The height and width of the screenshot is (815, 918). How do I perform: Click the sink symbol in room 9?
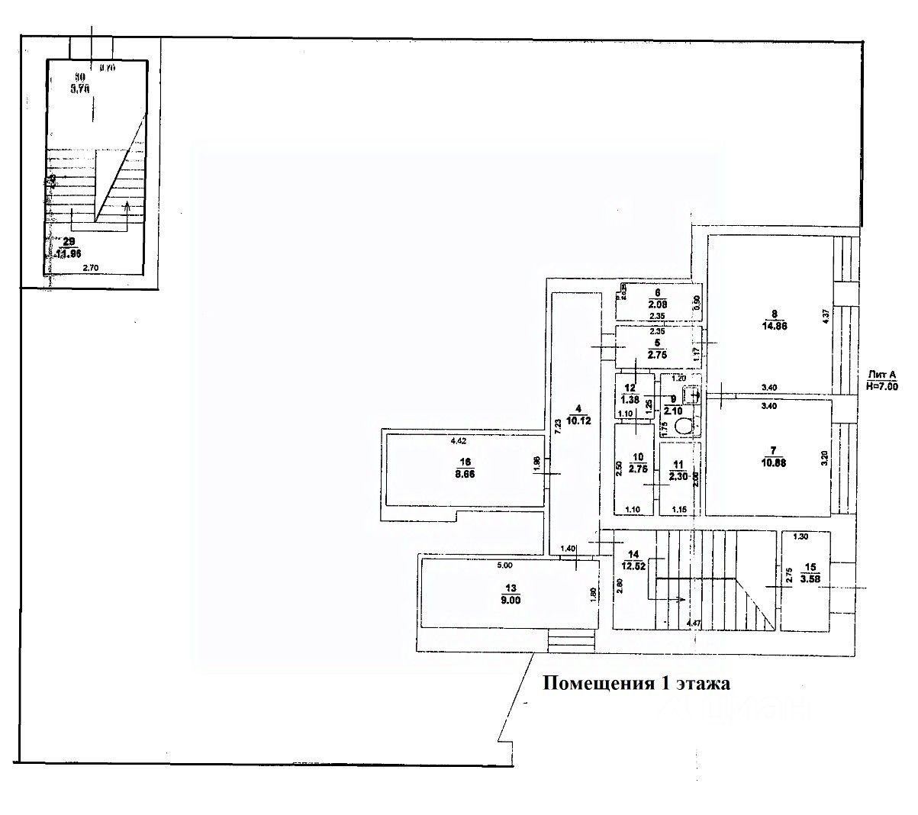coord(691,395)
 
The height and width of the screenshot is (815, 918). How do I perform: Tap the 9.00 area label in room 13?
coord(511,600)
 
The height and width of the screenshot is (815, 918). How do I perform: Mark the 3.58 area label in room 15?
coord(811,578)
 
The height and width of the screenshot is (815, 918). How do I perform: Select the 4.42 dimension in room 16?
coord(459,441)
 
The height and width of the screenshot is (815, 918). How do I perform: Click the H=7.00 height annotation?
coord(882,386)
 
